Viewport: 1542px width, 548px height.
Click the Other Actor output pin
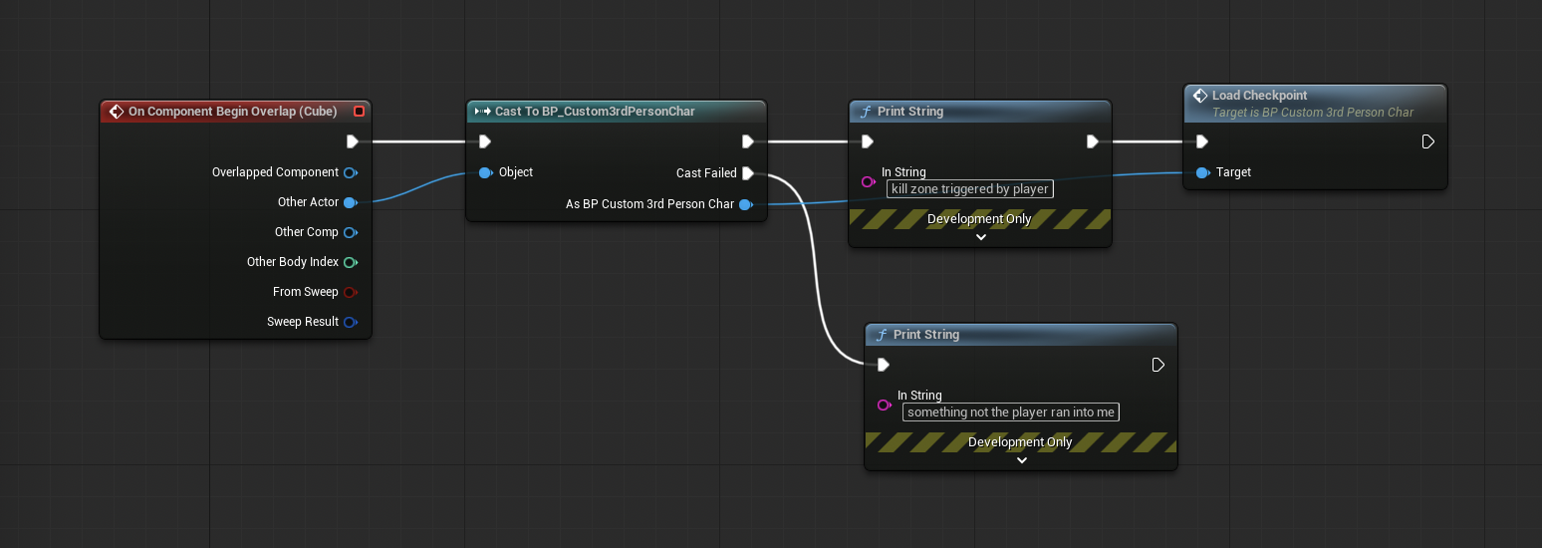click(x=351, y=202)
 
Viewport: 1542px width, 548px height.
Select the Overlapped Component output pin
click(x=351, y=172)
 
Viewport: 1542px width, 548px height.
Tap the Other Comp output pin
click(x=351, y=233)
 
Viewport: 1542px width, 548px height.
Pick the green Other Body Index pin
click(x=351, y=262)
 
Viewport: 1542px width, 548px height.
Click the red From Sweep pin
click(x=351, y=293)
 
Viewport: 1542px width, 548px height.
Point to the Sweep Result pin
click(x=351, y=322)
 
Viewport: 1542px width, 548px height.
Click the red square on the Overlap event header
click(x=359, y=112)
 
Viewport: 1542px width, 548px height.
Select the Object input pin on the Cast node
click(x=486, y=172)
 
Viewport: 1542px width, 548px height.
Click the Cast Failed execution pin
click(x=748, y=173)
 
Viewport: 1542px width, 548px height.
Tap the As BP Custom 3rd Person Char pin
click(x=745, y=204)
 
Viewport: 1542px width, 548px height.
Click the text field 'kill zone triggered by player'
click(x=970, y=189)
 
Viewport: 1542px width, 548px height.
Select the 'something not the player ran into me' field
click(x=1010, y=412)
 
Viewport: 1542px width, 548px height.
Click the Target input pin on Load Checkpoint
click(x=1202, y=172)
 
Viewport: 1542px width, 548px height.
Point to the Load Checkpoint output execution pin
click(x=1427, y=141)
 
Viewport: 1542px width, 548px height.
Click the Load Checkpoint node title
click(x=1259, y=96)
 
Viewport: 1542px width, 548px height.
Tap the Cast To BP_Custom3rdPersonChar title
click(x=595, y=112)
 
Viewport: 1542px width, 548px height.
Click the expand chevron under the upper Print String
click(x=981, y=237)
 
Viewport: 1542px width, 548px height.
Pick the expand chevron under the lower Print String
click(x=1022, y=460)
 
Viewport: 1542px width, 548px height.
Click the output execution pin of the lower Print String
click(x=1157, y=365)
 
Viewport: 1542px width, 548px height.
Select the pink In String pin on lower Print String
click(x=885, y=405)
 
